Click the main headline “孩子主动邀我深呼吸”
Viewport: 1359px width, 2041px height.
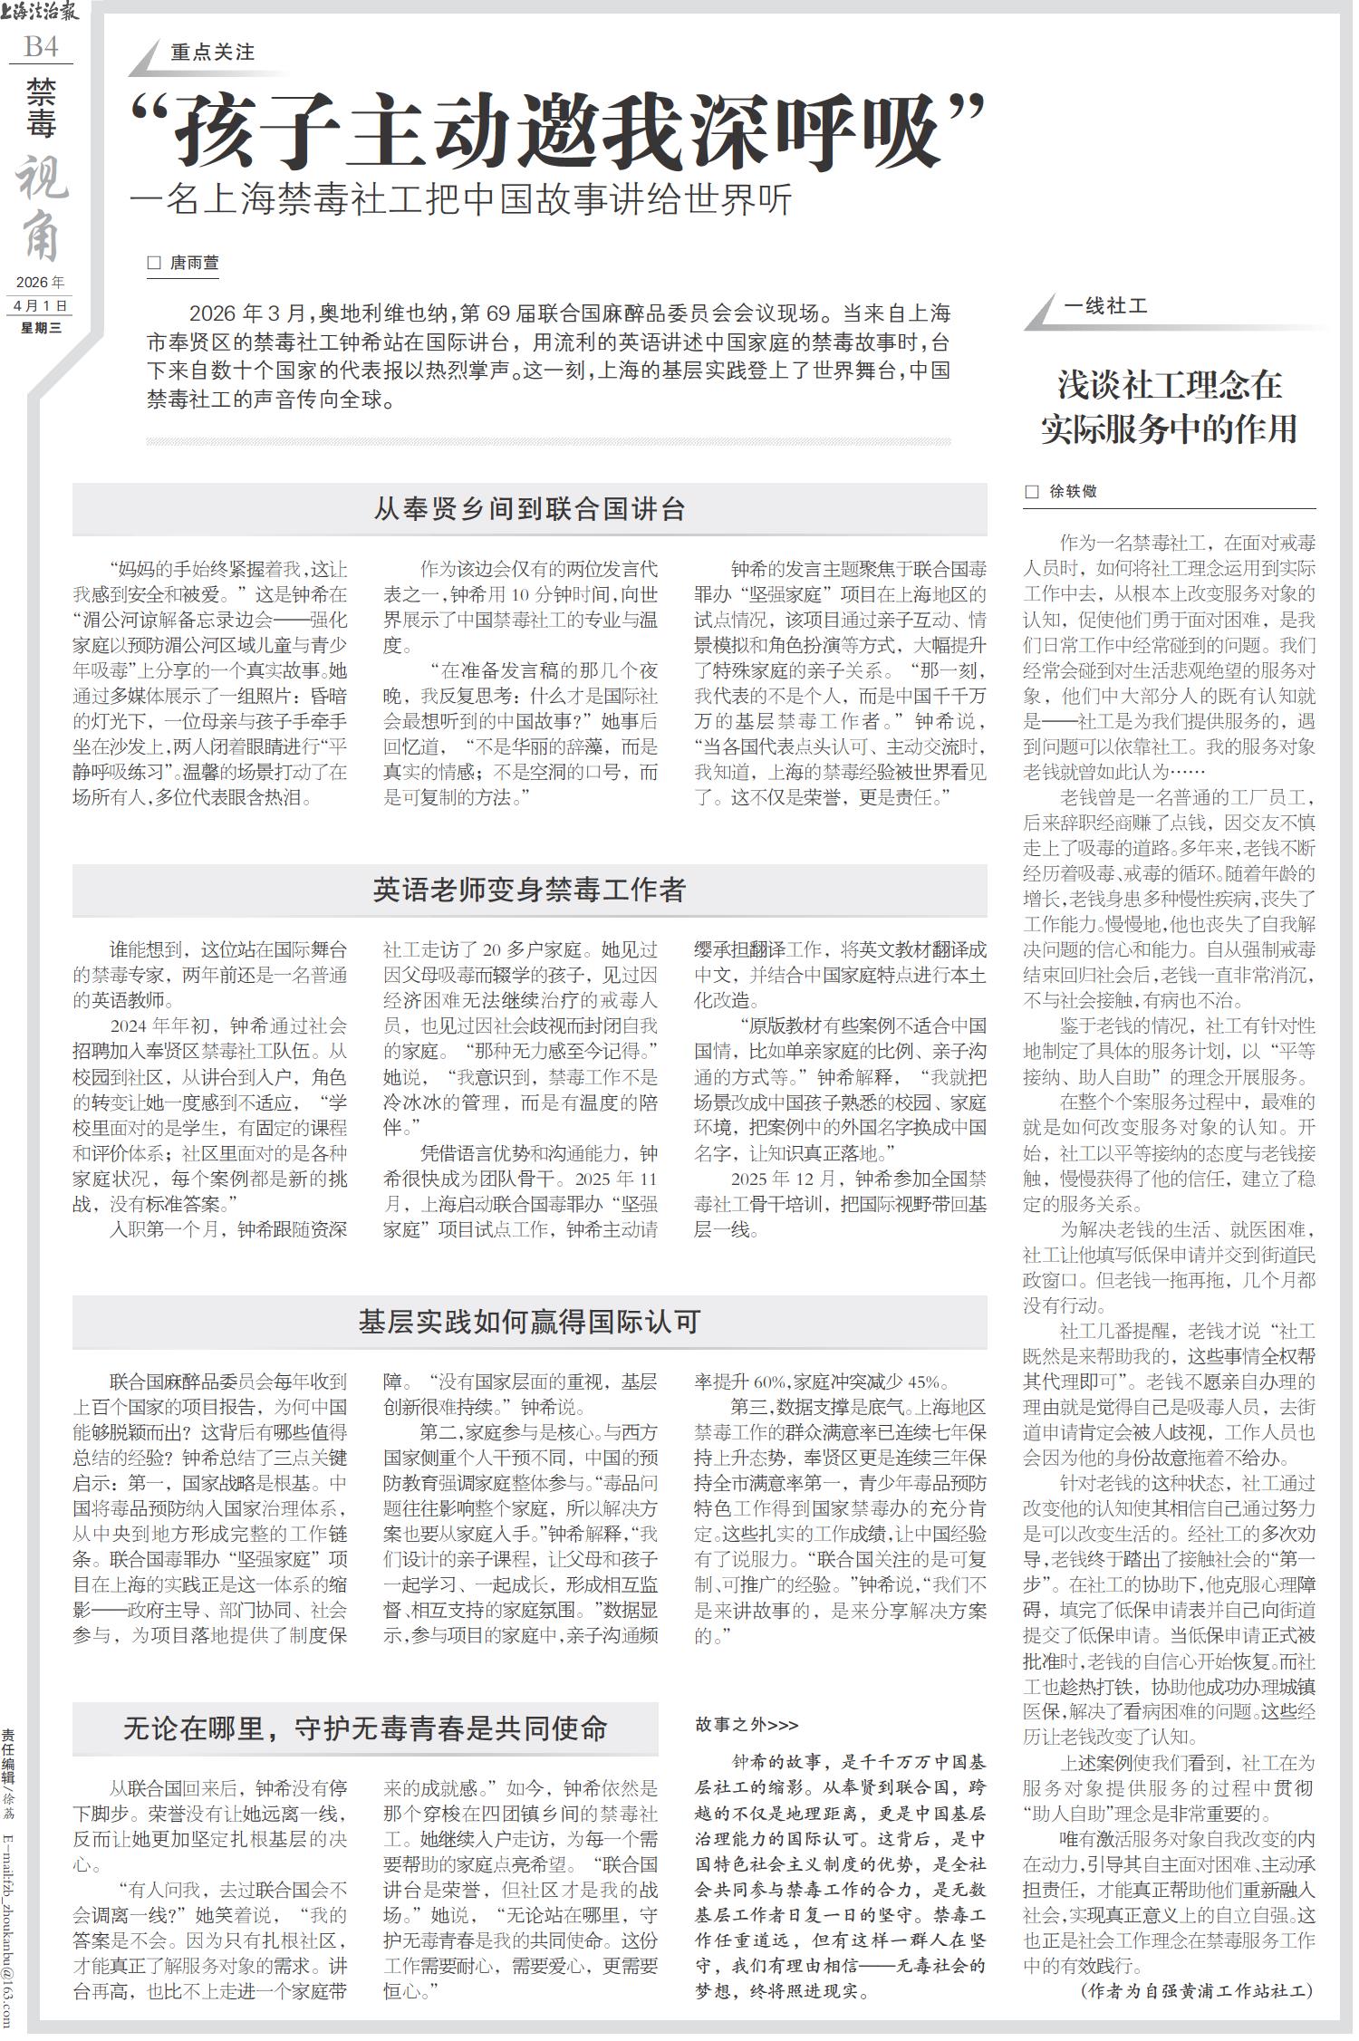coord(558,131)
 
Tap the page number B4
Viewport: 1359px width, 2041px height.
coord(42,47)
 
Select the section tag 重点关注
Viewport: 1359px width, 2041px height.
coord(213,53)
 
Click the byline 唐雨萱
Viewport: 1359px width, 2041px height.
coord(195,264)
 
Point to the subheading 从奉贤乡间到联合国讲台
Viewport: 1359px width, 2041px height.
coord(529,509)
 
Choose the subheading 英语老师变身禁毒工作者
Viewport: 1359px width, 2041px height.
coord(529,890)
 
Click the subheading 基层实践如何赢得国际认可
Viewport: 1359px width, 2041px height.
coord(529,1322)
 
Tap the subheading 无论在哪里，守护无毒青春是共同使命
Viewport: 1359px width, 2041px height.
coord(365,1728)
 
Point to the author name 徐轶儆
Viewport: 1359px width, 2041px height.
coord(1073,492)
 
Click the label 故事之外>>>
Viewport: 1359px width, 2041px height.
coord(747,1725)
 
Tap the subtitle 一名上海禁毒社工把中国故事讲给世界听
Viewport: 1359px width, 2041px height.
coord(462,199)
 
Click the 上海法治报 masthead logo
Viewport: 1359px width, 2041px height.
coord(41,12)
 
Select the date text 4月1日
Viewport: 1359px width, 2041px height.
coord(41,306)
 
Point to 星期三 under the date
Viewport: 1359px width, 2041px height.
coord(41,328)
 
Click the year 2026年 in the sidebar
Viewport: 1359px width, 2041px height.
coord(41,283)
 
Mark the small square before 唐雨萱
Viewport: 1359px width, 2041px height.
coord(154,264)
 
